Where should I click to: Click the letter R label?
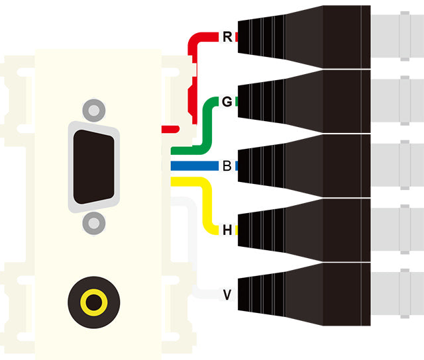[x=227, y=37]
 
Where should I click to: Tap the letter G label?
[x=227, y=102]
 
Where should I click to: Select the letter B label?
[x=227, y=165]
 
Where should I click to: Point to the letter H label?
[x=227, y=230]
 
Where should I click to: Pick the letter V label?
[x=227, y=294]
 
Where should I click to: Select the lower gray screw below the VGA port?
[x=94, y=224]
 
